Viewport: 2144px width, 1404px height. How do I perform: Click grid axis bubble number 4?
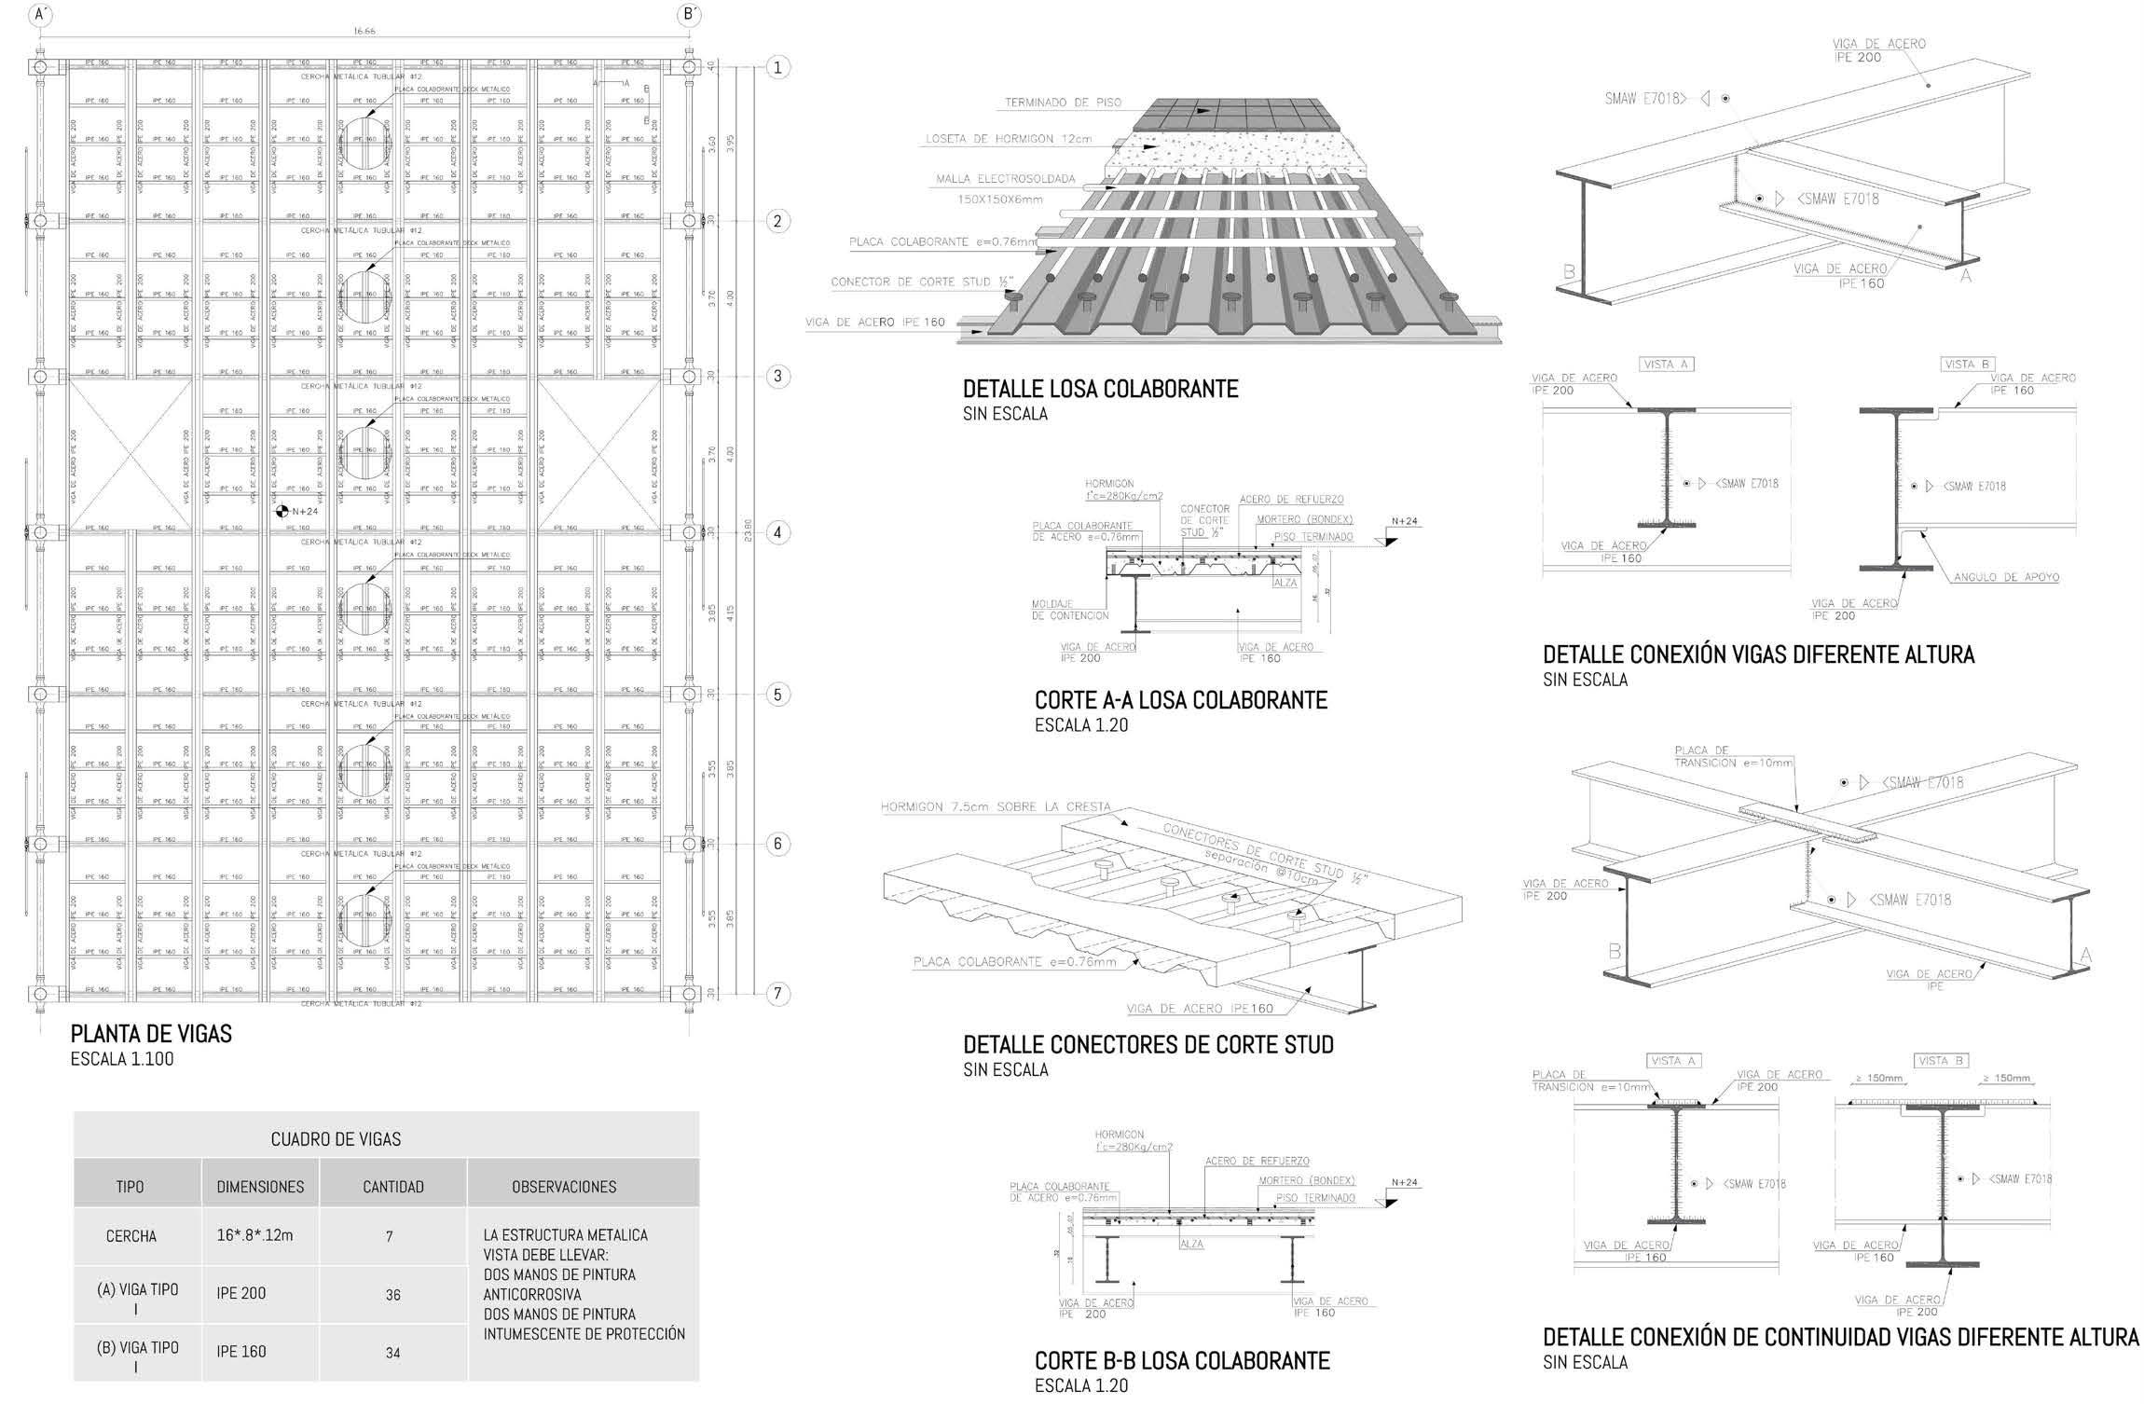click(x=777, y=533)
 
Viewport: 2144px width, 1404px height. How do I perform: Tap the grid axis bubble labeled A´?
click(x=41, y=14)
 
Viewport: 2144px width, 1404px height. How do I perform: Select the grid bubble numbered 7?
click(x=777, y=994)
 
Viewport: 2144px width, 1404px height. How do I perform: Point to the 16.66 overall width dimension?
click(x=364, y=31)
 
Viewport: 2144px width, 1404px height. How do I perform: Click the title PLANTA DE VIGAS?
click(x=151, y=1033)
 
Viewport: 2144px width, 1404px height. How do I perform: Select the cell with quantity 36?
click(x=392, y=1295)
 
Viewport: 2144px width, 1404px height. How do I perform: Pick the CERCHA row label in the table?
click(x=131, y=1236)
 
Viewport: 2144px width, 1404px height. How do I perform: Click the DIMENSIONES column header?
click(x=260, y=1187)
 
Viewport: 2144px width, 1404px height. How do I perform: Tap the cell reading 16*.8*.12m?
click(x=254, y=1235)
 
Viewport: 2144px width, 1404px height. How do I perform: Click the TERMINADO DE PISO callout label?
click(x=1063, y=103)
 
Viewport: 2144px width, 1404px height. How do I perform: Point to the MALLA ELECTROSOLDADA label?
click(x=1006, y=179)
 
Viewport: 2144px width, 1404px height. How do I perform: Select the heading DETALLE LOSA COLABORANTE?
click(x=1100, y=389)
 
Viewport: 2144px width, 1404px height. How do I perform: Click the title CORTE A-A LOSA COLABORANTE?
click(x=1180, y=700)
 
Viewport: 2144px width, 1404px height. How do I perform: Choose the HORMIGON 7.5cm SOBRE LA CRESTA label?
click(x=995, y=806)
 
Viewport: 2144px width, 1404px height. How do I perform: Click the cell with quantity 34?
click(x=392, y=1353)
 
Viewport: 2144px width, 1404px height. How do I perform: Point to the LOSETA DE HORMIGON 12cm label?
click(x=1008, y=140)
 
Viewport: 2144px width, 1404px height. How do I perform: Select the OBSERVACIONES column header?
click(x=564, y=1187)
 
